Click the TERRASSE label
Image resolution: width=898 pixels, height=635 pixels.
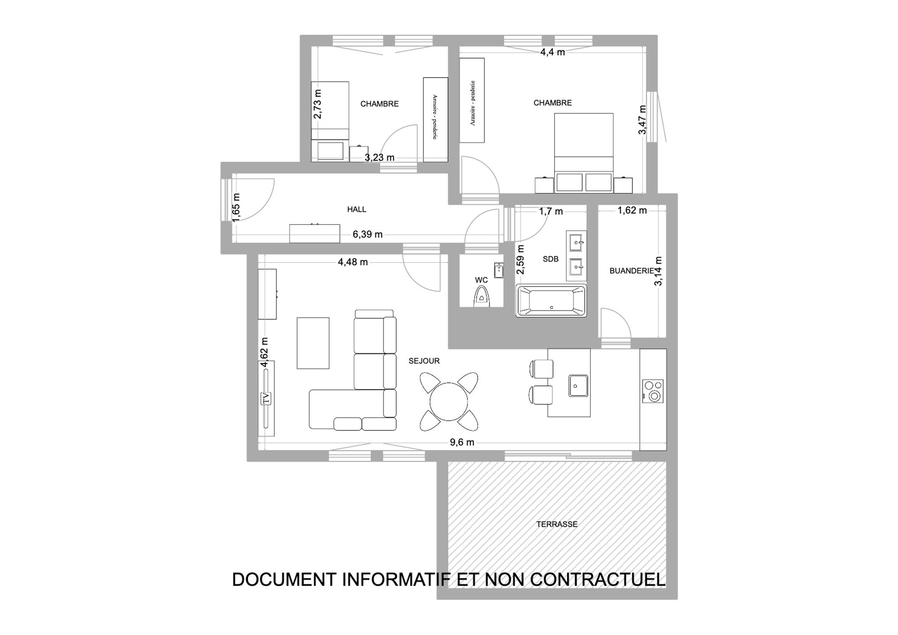[x=557, y=524]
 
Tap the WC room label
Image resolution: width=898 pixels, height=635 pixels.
[x=481, y=280]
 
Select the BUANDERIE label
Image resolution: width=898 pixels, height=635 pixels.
[x=631, y=271]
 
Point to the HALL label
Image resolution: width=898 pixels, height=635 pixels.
[x=357, y=209]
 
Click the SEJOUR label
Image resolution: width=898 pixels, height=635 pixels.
[x=424, y=361]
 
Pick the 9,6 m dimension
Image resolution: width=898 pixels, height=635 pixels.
[x=462, y=442]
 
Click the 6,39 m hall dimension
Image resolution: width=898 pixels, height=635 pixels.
[x=367, y=234]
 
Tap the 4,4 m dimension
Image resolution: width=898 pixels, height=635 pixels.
[x=552, y=52]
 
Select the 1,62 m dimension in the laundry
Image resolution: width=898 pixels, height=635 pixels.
[x=632, y=210]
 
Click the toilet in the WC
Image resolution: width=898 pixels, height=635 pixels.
[x=481, y=298]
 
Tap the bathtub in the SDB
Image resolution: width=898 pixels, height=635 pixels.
[x=551, y=301]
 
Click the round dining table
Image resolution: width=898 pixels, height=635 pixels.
[x=449, y=401]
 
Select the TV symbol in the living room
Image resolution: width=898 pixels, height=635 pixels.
[x=266, y=399]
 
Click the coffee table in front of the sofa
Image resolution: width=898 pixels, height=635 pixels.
[x=313, y=343]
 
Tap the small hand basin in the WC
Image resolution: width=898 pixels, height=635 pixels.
[x=498, y=270]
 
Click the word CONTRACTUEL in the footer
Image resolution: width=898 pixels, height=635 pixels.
[x=598, y=579]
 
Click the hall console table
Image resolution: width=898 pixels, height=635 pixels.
[x=314, y=233]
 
